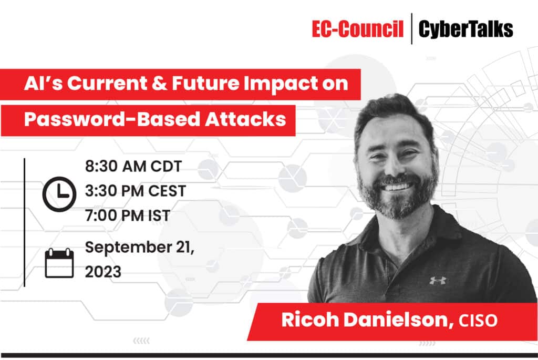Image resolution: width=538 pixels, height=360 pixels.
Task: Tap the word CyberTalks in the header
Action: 465,30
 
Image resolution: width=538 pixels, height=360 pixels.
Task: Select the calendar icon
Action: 59,263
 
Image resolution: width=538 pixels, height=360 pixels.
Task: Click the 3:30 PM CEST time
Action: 136,191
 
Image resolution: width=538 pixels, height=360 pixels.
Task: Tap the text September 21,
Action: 140,247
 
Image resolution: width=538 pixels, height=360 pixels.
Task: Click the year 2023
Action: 103,272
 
